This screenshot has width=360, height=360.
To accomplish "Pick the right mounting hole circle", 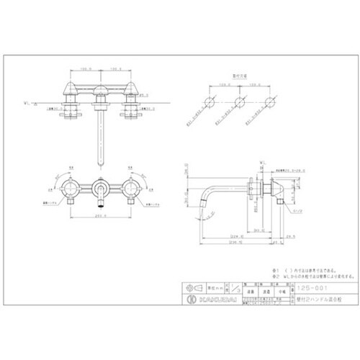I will (x=269, y=101).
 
